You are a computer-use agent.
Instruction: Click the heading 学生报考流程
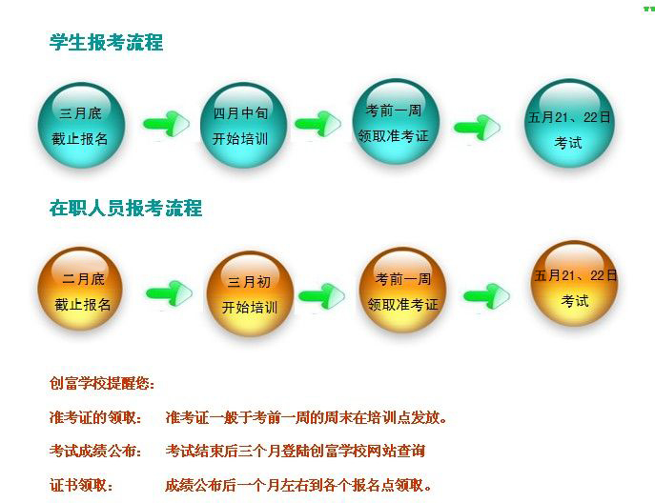[106, 42]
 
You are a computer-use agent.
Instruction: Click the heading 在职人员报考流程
[125, 208]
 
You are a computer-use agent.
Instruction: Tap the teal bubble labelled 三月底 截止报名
[81, 125]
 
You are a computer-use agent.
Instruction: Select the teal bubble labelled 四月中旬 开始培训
[243, 125]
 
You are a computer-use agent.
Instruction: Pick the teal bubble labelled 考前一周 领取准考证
[396, 122]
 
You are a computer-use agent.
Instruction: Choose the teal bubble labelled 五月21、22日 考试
[569, 123]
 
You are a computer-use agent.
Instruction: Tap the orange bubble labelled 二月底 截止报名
[80, 289]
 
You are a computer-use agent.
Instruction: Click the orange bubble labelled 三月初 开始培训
[250, 293]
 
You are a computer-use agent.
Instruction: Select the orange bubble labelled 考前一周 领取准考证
[402, 290]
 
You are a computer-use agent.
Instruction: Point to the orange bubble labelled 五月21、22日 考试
[574, 283]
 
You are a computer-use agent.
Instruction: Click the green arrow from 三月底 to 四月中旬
[166, 124]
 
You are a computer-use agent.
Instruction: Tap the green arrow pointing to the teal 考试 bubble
[477, 128]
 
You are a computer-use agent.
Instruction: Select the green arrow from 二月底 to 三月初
[169, 293]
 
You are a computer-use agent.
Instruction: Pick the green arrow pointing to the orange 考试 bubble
[486, 296]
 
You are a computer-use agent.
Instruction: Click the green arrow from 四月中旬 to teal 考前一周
[317, 124]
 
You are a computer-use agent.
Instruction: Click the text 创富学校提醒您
[102, 383]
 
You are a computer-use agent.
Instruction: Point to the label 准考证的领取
[95, 417]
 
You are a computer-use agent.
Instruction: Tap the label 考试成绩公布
[95, 451]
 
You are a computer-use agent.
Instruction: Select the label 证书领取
[81, 485]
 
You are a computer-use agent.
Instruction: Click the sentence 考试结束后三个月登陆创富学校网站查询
[295, 451]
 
